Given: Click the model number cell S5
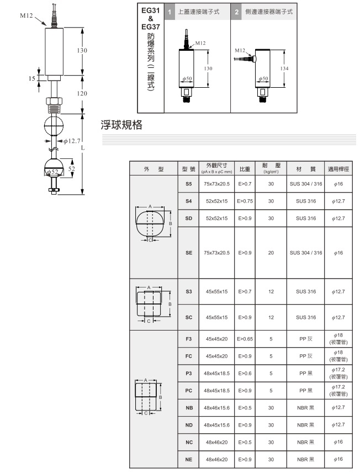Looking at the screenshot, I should click(x=189, y=183).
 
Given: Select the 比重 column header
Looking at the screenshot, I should click(x=244, y=168).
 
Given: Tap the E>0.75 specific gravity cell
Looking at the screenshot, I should click(x=244, y=201).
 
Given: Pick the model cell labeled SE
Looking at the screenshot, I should click(x=189, y=253).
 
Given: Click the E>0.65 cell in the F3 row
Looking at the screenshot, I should click(x=244, y=338).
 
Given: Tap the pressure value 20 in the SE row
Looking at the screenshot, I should click(x=271, y=253).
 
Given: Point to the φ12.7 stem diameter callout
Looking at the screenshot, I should click(x=72, y=141).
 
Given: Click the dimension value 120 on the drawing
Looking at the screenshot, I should click(x=82, y=93).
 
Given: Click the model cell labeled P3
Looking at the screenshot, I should click(x=189, y=373).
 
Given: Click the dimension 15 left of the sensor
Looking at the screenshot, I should click(x=31, y=78).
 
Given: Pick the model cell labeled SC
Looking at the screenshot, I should click(x=189, y=317).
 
